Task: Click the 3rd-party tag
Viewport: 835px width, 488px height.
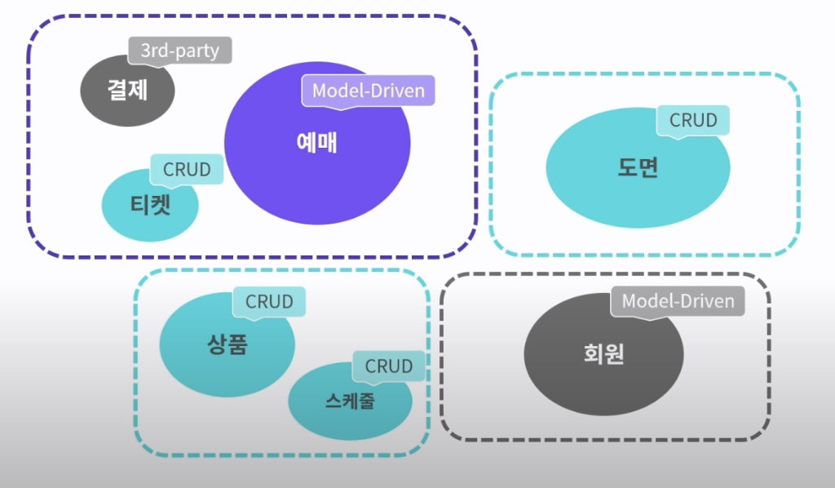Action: pos(180,51)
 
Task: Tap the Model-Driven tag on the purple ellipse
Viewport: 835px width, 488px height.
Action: pos(369,91)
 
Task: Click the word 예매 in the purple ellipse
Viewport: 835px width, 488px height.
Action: pos(317,143)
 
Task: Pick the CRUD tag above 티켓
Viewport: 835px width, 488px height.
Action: pos(187,170)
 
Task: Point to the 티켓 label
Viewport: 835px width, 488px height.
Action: pos(150,205)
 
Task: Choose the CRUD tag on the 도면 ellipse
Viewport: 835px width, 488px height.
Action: pos(693,121)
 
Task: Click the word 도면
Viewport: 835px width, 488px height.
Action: pos(638,167)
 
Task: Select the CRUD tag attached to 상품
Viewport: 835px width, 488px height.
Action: pos(269,302)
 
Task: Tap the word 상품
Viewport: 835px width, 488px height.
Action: pos(228,344)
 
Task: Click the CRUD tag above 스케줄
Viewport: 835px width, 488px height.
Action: pos(389,366)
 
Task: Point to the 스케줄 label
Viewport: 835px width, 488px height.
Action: pos(350,401)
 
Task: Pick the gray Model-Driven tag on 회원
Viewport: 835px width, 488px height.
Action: pos(678,301)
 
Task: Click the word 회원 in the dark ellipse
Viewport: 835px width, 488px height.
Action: pos(604,353)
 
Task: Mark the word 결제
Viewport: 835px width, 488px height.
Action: pos(127,89)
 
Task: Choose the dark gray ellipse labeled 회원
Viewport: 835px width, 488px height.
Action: pos(603,354)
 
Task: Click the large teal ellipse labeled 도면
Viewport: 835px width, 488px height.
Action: pos(638,168)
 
